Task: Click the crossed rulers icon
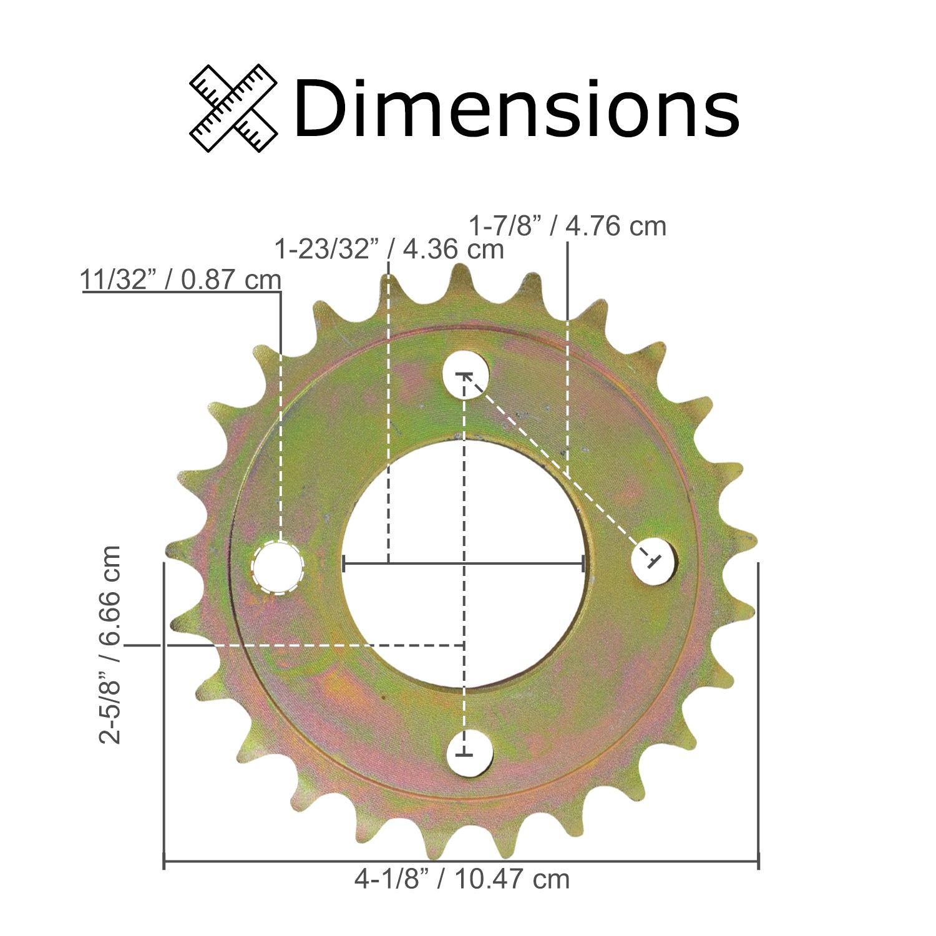pyautogui.click(x=233, y=108)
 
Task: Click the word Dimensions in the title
pyautogui.click(x=517, y=107)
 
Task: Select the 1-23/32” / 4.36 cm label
pyautogui.click(x=389, y=249)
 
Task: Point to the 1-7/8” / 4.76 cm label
pyautogui.click(x=567, y=225)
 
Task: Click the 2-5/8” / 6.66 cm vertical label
pyautogui.click(x=110, y=645)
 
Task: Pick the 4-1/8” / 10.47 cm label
pyautogui.click(x=462, y=879)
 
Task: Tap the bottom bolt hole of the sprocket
pyautogui.click(x=469, y=753)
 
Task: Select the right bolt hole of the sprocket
pyautogui.click(x=654, y=560)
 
